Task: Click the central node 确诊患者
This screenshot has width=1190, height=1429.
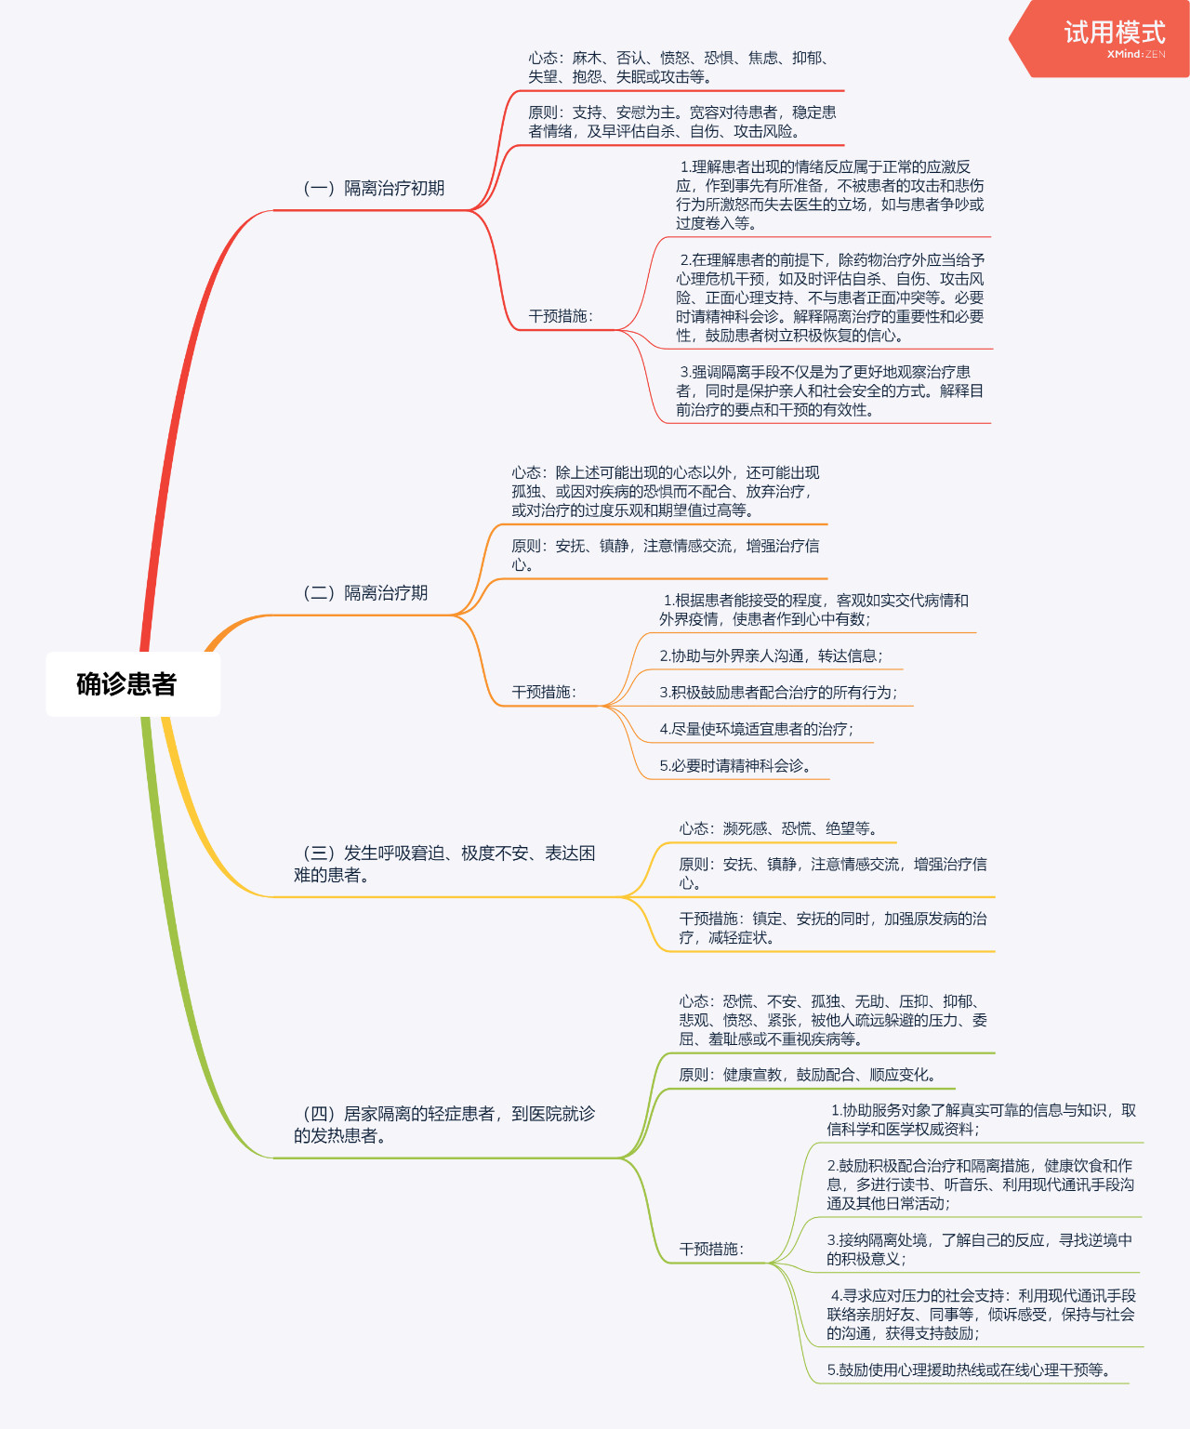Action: tap(127, 684)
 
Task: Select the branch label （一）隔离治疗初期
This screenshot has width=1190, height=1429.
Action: tap(373, 189)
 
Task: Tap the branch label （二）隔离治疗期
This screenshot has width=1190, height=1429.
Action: tap(364, 593)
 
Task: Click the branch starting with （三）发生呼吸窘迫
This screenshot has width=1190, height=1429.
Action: tap(443, 864)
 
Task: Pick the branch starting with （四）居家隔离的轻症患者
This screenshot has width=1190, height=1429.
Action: tap(443, 1124)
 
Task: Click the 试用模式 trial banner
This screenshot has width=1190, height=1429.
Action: tap(1113, 34)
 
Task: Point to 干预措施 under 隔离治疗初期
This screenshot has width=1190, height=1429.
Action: tap(560, 316)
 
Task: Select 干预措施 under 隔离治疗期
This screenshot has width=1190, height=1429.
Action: tap(543, 692)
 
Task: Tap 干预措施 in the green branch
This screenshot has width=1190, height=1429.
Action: tap(710, 1249)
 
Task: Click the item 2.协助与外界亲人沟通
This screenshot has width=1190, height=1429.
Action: tap(771, 655)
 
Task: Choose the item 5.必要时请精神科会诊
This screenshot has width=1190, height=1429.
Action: tap(734, 765)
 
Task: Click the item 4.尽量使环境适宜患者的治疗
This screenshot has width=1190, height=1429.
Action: tap(755, 729)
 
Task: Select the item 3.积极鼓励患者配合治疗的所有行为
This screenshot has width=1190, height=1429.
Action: tap(777, 693)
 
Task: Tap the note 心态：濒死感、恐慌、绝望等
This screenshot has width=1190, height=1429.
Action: tap(777, 828)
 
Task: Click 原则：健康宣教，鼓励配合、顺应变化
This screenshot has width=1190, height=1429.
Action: tap(807, 1075)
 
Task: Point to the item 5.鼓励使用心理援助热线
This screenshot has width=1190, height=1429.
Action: tap(968, 1369)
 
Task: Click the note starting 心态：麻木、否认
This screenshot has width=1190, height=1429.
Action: tap(679, 67)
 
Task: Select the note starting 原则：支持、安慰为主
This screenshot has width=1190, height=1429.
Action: tap(681, 122)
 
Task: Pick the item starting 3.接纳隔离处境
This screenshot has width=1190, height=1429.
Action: tap(979, 1249)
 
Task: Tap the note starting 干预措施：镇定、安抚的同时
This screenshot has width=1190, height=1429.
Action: tap(832, 928)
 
